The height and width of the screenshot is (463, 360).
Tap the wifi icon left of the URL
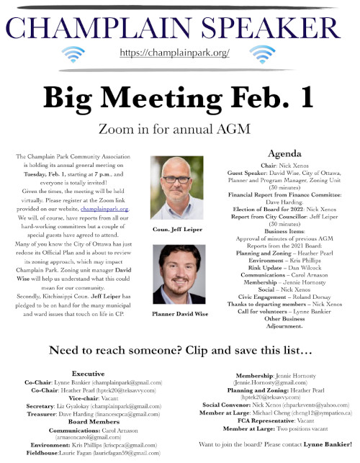pos(74,55)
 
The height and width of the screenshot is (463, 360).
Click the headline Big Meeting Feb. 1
pos(179,96)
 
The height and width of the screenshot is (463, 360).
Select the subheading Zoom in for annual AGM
pos(179,128)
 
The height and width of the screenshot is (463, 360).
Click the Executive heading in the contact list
pos(88,375)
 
